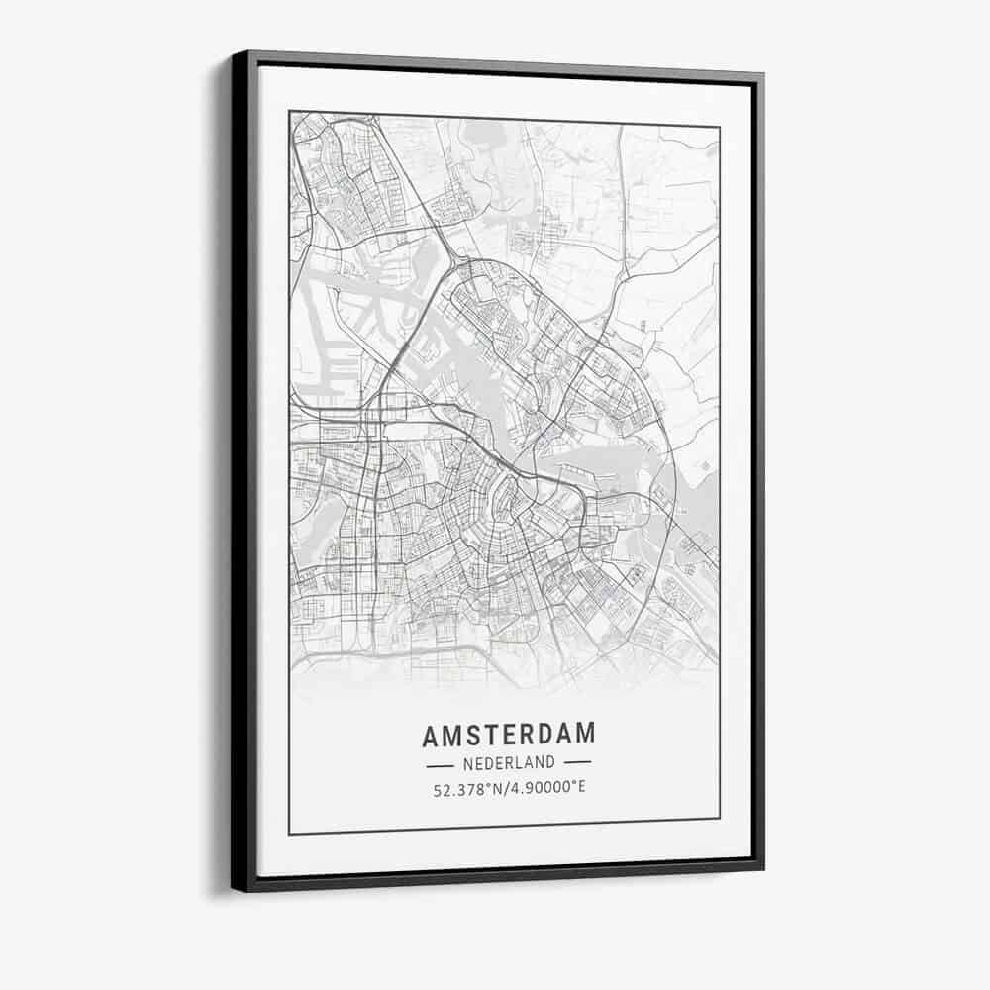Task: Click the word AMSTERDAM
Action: point(509,735)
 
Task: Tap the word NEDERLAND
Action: point(508,763)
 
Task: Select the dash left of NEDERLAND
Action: point(440,764)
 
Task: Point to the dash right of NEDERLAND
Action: point(576,763)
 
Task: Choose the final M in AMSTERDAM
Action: point(587,735)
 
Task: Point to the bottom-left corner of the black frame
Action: point(234,889)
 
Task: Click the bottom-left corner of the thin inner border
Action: point(289,834)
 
